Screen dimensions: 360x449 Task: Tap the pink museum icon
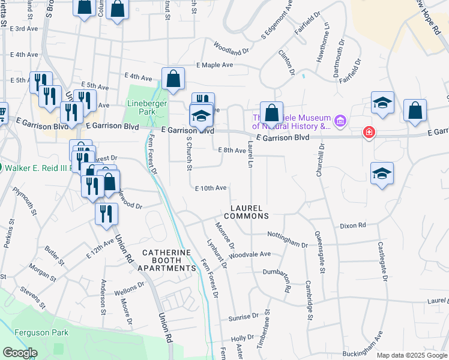tap(340, 122)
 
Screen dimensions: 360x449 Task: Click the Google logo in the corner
tap(19, 353)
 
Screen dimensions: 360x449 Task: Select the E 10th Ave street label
tap(211, 188)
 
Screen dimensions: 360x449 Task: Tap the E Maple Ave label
tap(214, 65)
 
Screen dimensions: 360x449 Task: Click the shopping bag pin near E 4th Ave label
tap(173, 79)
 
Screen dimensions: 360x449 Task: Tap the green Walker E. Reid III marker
tap(1, 167)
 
